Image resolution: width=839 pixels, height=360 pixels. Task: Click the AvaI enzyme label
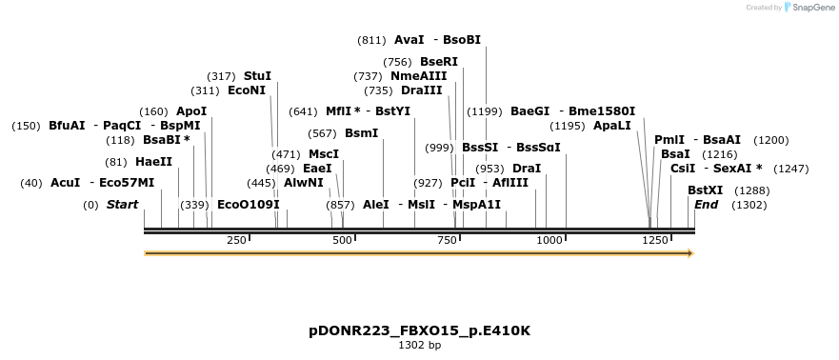click(x=409, y=40)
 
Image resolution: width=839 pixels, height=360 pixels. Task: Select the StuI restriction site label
click(x=257, y=75)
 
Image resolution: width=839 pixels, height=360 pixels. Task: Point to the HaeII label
click(x=153, y=162)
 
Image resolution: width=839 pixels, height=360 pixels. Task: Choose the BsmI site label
click(x=361, y=133)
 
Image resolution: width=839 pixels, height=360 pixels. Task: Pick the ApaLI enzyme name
click(x=611, y=126)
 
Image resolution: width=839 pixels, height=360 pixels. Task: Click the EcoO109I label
click(x=249, y=205)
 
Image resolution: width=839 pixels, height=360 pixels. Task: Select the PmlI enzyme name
click(x=669, y=140)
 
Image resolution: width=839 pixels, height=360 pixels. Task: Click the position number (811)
click(x=370, y=40)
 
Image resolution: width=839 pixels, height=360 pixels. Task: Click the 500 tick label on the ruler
click(x=342, y=240)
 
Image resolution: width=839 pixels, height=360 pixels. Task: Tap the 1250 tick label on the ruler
click(x=655, y=240)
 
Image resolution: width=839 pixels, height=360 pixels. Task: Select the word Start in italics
click(x=122, y=205)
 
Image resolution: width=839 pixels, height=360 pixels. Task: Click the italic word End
click(x=706, y=205)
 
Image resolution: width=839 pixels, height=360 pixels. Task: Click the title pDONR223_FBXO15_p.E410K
click(x=419, y=330)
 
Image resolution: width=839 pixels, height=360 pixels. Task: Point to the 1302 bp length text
click(x=419, y=346)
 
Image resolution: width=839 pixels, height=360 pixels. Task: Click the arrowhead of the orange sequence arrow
click(x=689, y=253)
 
